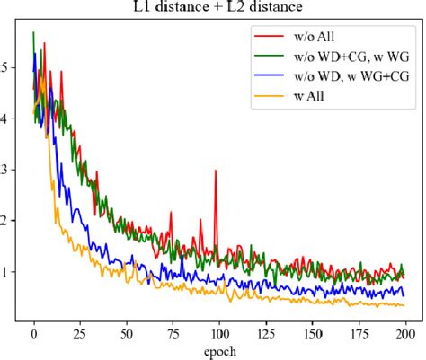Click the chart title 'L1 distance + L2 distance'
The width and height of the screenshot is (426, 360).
pos(213,9)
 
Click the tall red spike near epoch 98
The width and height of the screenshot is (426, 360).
pos(216,171)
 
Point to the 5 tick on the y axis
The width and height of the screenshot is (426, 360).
pos(8,67)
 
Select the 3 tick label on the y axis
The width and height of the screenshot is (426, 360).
pos(8,170)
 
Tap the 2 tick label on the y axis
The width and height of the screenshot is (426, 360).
pos(8,221)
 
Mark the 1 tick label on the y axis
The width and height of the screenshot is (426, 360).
pos(8,272)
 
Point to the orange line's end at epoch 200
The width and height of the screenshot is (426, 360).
pos(404,305)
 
